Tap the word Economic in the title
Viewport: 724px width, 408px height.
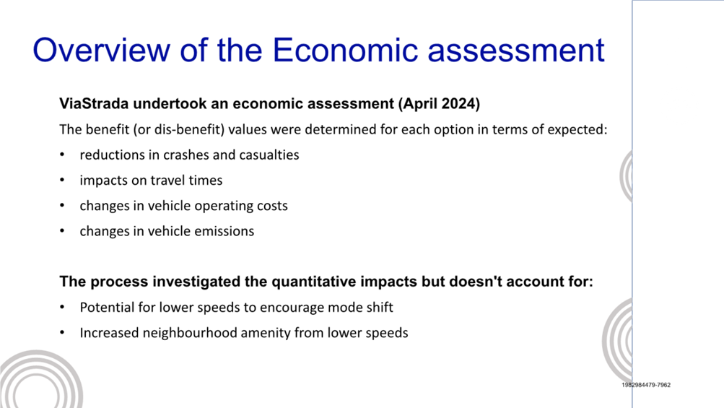[345, 50]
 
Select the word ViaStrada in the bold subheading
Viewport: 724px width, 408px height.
[94, 103]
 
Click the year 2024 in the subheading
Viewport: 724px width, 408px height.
[458, 103]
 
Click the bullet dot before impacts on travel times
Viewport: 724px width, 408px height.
[62, 181]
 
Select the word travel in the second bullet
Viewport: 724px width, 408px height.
[166, 181]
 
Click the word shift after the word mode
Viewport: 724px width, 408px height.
[379, 308]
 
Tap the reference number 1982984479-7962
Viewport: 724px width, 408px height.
[646, 385]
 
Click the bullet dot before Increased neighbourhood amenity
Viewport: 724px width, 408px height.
[62, 333]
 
